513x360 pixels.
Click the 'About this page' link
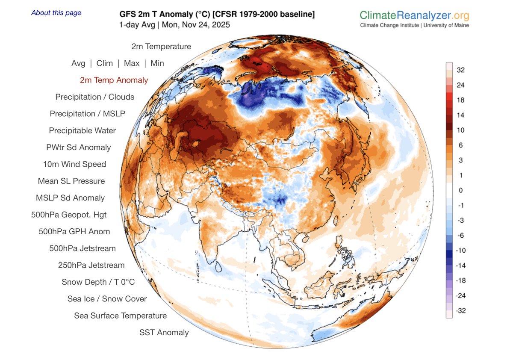coord(56,13)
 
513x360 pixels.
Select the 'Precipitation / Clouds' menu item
coord(94,97)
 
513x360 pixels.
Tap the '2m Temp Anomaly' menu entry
coord(114,80)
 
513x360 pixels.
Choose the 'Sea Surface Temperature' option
coord(120,316)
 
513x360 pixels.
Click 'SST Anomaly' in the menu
coord(164,332)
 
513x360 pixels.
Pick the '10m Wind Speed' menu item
coord(74,164)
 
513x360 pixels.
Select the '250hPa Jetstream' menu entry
coord(91,265)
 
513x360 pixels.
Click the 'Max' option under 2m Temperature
coord(132,63)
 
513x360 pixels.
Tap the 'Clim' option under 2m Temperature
coord(105,63)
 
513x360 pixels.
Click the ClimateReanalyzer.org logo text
coord(414,16)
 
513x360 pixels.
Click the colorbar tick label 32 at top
coord(460,70)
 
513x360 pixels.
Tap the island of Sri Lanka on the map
coord(218,268)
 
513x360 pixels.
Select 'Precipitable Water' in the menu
coord(82,130)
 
